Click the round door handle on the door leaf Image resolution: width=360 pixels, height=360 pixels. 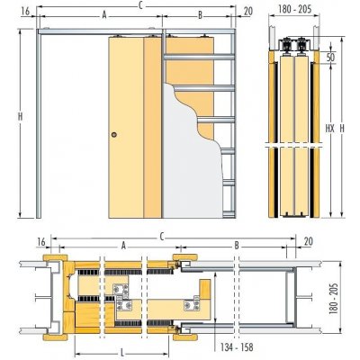click(114, 135)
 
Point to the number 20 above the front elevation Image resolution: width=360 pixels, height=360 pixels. click(247, 12)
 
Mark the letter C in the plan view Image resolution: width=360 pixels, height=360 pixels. click(162, 237)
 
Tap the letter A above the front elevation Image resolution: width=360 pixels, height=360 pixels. click(105, 14)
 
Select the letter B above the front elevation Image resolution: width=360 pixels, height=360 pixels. click(199, 14)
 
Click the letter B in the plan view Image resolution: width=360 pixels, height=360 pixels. click(236, 244)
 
